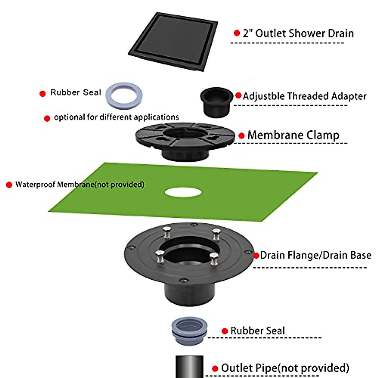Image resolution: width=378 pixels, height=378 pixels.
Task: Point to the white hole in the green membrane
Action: point(183,192)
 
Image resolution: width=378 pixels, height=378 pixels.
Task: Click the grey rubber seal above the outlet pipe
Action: point(189,330)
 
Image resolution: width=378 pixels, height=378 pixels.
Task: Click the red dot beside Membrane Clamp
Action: point(242,136)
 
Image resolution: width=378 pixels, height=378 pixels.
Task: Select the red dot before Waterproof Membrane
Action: point(9,185)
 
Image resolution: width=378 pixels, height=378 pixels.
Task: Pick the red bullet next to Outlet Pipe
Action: point(215,369)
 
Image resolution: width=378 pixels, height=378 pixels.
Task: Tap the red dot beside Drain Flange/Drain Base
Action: point(256,255)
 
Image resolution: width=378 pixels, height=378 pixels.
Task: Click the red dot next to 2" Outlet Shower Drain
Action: point(237,33)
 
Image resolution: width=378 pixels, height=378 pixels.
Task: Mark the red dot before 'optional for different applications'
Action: point(47,118)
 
